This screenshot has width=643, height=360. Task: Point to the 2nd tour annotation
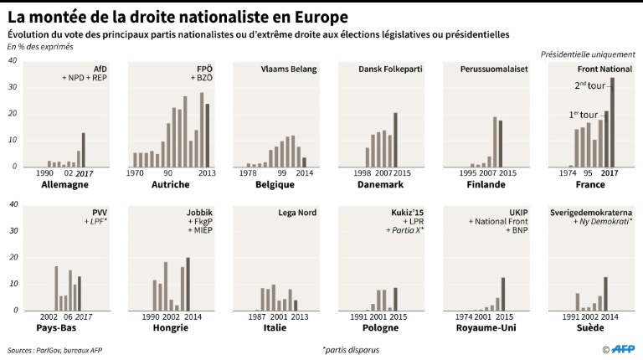[x=591, y=85]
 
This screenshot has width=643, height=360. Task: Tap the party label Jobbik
[x=199, y=213]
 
